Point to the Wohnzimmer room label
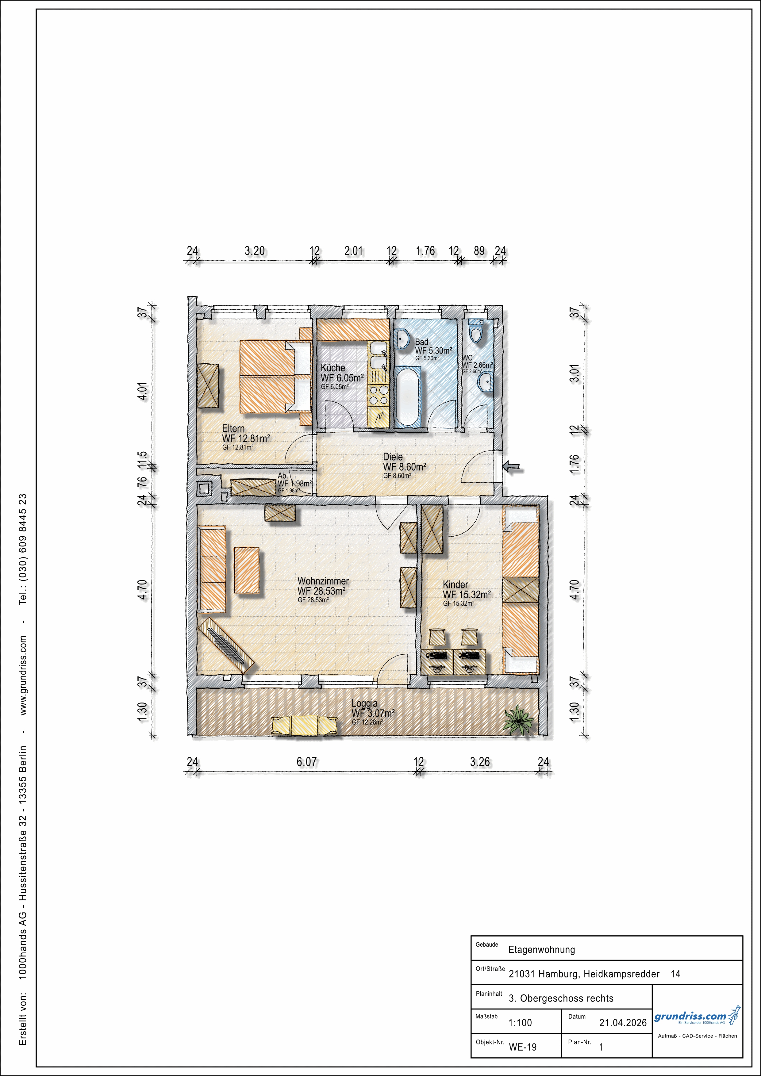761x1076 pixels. (323, 581)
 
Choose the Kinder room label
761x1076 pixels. (455, 584)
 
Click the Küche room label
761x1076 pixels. (333, 368)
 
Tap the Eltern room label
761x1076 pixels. (233, 428)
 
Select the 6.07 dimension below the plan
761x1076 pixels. (307, 762)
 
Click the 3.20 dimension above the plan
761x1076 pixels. (255, 251)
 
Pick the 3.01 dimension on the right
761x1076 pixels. (575, 373)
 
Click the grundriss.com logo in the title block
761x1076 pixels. (697, 1017)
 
